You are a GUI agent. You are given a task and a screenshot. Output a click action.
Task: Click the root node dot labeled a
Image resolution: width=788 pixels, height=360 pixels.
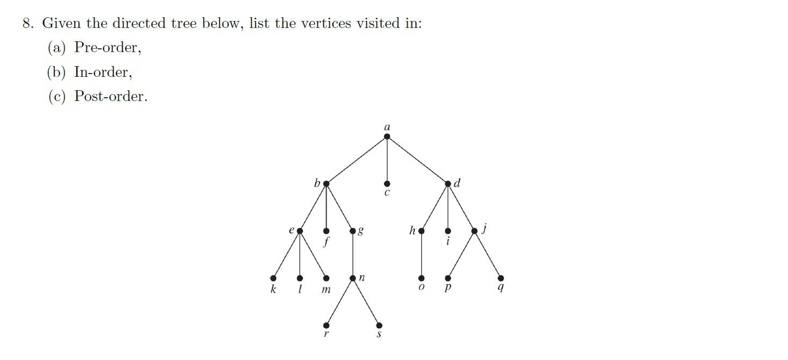point(387,136)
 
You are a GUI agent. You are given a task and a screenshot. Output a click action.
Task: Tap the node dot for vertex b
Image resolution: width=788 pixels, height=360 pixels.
point(326,184)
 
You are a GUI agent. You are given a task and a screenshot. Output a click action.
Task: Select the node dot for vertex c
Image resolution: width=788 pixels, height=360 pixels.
point(387,184)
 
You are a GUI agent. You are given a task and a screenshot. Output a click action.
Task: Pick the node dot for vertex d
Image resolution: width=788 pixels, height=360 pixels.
point(448,184)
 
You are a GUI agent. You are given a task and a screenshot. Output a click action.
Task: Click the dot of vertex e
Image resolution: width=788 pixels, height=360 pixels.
point(300,231)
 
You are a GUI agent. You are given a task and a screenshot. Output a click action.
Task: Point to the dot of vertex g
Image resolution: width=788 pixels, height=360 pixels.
point(353,231)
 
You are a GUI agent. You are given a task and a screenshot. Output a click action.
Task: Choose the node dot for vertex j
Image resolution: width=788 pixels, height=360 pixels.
point(474,231)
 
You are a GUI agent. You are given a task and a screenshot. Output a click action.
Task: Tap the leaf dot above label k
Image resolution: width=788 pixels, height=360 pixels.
point(273,278)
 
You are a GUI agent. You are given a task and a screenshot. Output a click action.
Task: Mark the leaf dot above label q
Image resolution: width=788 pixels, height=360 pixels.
point(501,278)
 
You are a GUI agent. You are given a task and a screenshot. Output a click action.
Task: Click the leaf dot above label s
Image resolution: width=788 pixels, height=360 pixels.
point(379,326)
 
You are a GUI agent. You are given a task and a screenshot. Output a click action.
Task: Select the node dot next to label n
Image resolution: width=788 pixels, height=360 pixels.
point(353,278)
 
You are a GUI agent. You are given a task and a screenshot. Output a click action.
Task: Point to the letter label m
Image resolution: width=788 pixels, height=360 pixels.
point(326,290)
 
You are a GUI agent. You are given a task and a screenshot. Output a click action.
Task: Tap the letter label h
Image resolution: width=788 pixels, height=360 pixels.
point(412,231)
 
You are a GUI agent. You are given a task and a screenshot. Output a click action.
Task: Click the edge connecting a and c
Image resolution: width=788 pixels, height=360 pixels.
point(387,160)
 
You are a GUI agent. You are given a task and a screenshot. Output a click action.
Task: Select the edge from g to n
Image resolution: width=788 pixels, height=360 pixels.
point(353,255)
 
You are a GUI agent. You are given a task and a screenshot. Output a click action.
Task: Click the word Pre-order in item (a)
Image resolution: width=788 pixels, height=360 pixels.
point(106,48)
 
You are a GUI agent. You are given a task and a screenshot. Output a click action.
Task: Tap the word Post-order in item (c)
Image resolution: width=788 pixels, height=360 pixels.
point(110,97)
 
